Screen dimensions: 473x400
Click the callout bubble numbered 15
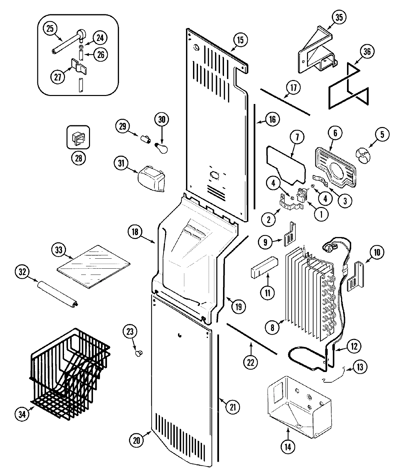240,40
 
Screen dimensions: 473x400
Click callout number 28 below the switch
78,158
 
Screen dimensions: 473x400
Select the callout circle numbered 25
50,29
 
